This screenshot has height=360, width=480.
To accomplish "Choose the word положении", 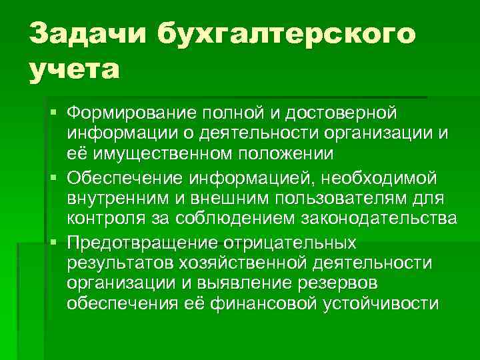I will (x=291, y=154).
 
